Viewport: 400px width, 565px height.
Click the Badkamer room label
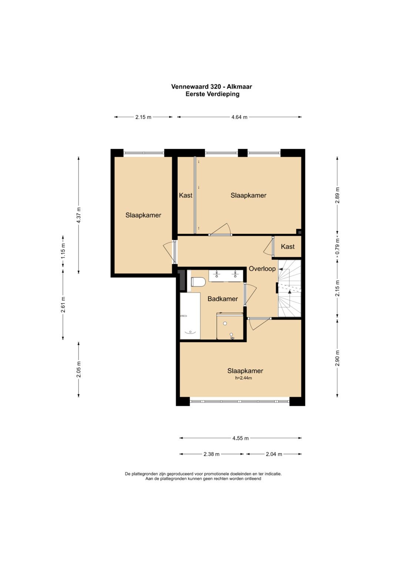pyautogui.click(x=223, y=299)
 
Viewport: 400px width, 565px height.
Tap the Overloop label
pyautogui.click(x=262, y=269)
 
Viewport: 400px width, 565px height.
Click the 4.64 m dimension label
pyautogui.click(x=239, y=117)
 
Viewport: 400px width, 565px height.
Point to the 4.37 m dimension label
pyautogui.click(x=79, y=215)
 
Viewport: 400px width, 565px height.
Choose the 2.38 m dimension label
pyautogui.click(x=211, y=454)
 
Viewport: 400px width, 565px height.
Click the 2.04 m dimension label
pyautogui.click(x=274, y=454)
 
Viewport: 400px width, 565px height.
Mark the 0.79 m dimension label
pyautogui.click(x=337, y=247)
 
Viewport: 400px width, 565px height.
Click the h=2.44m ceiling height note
pyautogui.click(x=243, y=378)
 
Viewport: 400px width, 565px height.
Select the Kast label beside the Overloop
pyautogui.click(x=288, y=246)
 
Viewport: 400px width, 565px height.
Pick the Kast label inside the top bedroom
pyautogui.click(x=186, y=195)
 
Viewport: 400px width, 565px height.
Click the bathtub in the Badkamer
pyautogui.click(x=190, y=316)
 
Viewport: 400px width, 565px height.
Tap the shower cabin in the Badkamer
pyautogui.click(x=230, y=326)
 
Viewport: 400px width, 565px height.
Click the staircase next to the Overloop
pyautogui.click(x=290, y=288)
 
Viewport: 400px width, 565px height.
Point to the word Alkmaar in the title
pyautogui.click(x=239, y=87)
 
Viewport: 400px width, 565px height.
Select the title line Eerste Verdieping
pyautogui.click(x=212, y=94)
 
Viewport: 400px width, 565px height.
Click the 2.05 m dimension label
pyautogui.click(x=79, y=369)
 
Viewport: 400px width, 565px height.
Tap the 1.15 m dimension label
pyautogui.click(x=63, y=251)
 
